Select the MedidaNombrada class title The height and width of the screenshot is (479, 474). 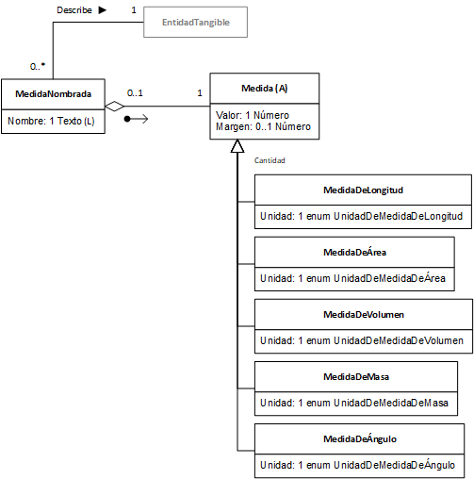[54, 94]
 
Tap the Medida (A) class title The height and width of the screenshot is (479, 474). [264, 89]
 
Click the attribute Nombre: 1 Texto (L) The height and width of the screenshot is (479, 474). [51, 121]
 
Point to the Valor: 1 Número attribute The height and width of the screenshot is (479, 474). [253, 115]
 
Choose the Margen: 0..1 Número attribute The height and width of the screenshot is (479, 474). [263, 126]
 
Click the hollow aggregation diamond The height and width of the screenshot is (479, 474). [114, 107]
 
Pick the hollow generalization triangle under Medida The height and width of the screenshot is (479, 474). [237, 146]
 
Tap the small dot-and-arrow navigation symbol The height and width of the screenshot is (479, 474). [136, 119]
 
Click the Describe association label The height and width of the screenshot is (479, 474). [74, 10]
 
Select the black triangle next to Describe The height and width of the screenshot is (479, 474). [102, 10]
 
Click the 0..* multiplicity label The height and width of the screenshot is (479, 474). [38, 66]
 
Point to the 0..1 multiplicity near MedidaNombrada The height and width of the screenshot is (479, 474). [135, 93]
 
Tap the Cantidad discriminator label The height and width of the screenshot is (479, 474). [270, 160]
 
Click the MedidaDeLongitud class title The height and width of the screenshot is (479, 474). [363, 190]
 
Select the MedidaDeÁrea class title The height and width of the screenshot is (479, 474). [354, 252]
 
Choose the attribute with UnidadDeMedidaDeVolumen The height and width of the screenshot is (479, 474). [362, 340]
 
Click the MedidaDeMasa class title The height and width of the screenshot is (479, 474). [356, 377]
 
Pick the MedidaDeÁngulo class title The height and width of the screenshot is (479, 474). [360, 438]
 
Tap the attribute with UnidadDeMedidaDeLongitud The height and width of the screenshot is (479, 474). [361, 216]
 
